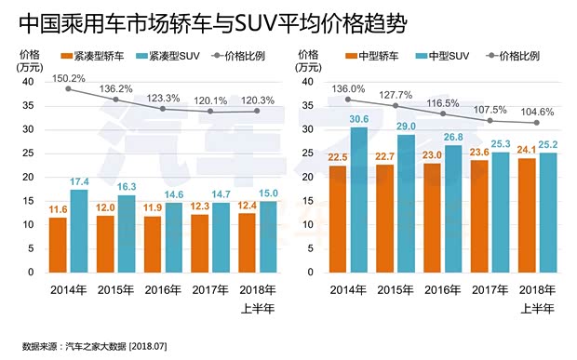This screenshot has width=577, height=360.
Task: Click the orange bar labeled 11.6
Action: point(58,244)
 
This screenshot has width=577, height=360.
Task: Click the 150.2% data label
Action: point(68,78)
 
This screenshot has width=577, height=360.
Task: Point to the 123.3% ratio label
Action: point(164,97)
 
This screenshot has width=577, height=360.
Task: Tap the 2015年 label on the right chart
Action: point(396,289)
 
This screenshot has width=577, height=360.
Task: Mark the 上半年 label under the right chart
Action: point(539,306)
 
